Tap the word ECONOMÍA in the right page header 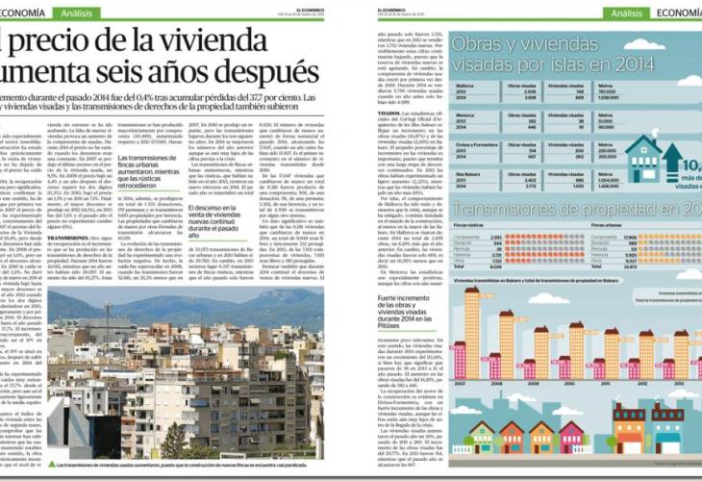(x=673, y=13)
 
